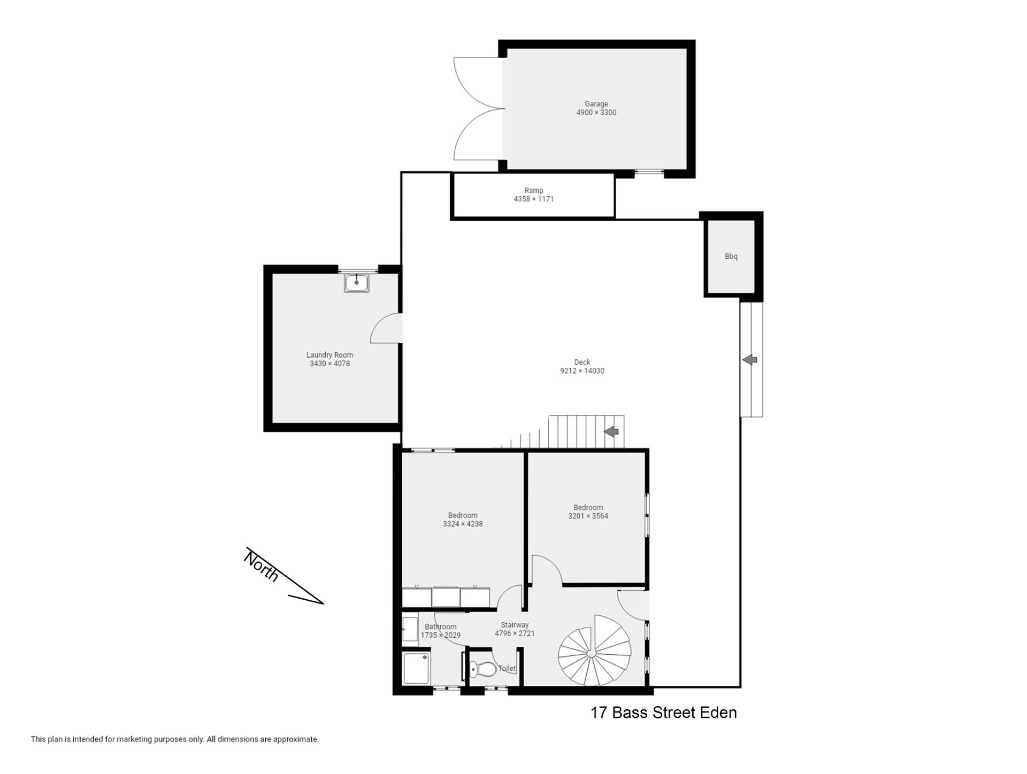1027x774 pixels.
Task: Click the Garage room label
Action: (x=596, y=104)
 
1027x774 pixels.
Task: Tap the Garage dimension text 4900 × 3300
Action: (x=596, y=113)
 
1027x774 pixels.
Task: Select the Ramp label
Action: (x=534, y=191)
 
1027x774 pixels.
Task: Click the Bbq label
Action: (x=731, y=257)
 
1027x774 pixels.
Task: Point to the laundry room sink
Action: (x=356, y=283)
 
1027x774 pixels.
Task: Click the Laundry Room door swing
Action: (x=385, y=327)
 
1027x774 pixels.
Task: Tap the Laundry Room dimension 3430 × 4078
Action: (x=329, y=364)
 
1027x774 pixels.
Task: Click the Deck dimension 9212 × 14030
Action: (x=582, y=371)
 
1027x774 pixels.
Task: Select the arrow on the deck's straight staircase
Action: (x=611, y=431)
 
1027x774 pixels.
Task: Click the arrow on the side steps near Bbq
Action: (x=750, y=360)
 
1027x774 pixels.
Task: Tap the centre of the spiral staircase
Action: (x=591, y=653)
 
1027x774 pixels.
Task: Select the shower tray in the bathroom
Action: (x=416, y=667)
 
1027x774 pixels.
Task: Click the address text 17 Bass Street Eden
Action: (x=663, y=713)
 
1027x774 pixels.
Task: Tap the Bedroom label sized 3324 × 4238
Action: (x=463, y=516)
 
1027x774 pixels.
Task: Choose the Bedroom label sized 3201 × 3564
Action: (x=588, y=508)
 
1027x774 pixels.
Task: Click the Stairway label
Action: (x=515, y=625)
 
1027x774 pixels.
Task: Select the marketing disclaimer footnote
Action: (x=175, y=740)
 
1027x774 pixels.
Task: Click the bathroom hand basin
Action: (x=410, y=629)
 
